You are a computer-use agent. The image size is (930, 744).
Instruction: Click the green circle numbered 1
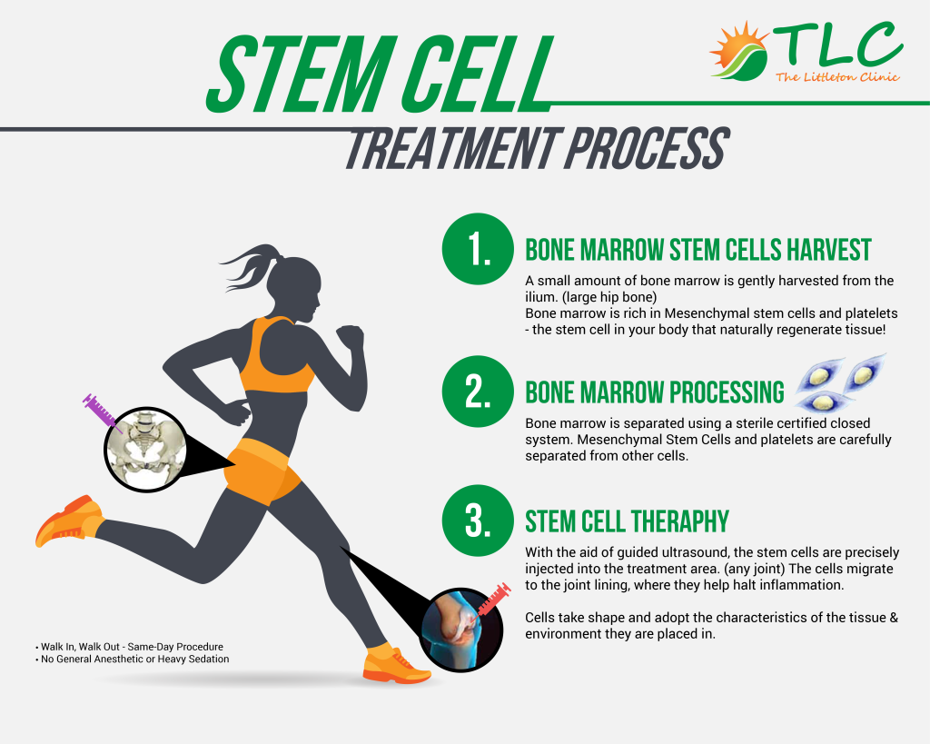tap(478, 249)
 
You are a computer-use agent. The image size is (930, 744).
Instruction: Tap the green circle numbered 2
tap(478, 391)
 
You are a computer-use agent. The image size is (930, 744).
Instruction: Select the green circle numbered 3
tap(478, 521)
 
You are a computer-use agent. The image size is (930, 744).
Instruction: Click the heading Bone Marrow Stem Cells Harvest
tap(698, 250)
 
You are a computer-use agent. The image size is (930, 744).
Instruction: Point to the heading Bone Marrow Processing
tap(654, 392)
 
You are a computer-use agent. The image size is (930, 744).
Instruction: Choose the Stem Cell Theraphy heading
tap(627, 521)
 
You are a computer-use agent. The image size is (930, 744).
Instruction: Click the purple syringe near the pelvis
tap(101, 412)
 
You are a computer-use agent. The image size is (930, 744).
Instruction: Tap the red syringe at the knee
tap(491, 601)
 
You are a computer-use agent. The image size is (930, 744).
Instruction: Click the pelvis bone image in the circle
tap(145, 449)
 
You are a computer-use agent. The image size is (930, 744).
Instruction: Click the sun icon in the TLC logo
tap(738, 51)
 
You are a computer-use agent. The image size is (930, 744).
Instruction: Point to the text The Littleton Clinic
tap(837, 77)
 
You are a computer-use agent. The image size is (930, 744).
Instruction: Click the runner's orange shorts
tap(261, 471)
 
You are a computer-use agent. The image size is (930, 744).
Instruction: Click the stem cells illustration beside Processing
tap(839, 383)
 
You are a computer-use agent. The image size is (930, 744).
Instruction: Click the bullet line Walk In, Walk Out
tap(129, 647)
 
